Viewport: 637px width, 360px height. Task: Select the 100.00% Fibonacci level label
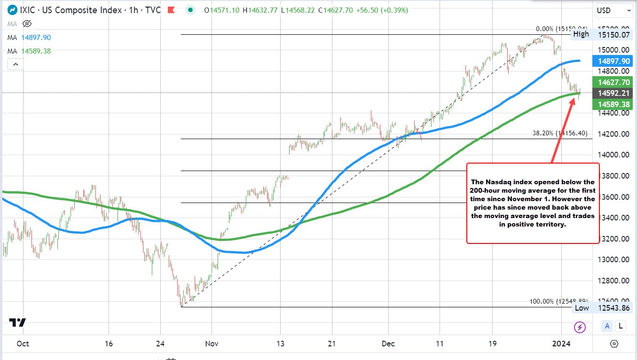(x=558, y=301)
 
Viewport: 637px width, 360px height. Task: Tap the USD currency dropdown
(x=614, y=10)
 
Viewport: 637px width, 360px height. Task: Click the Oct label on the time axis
(x=23, y=344)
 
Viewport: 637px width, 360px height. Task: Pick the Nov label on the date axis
(x=212, y=344)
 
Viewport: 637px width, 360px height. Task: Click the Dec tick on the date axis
(x=388, y=344)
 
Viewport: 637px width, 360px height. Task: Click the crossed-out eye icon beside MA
(x=27, y=23)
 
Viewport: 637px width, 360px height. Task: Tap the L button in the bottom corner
(x=621, y=326)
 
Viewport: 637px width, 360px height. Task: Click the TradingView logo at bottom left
(x=18, y=323)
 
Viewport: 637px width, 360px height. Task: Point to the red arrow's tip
(x=574, y=98)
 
